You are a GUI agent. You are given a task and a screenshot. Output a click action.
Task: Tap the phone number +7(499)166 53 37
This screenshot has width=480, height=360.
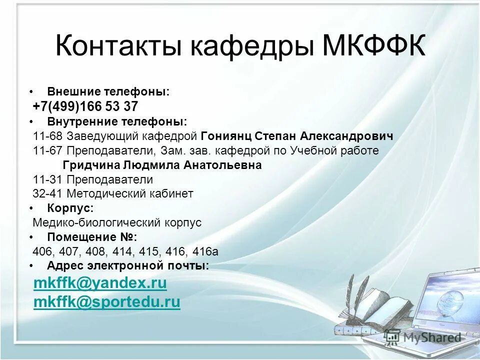[85, 106]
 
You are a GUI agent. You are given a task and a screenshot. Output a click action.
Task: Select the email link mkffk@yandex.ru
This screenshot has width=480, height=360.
[100, 283]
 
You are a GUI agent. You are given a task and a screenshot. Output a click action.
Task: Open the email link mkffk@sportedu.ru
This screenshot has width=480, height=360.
[106, 302]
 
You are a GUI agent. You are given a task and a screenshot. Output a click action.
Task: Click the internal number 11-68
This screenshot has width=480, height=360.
[48, 136]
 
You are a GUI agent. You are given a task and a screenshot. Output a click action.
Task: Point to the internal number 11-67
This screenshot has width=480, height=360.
[48, 150]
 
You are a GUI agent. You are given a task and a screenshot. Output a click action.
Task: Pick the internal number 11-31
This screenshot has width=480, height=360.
[48, 179]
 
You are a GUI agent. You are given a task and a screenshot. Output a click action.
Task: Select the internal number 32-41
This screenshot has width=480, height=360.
[48, 194]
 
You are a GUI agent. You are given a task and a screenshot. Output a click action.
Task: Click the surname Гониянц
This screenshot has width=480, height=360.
[226, 136]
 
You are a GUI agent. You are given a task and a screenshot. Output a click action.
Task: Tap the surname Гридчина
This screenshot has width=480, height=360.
[91, 165]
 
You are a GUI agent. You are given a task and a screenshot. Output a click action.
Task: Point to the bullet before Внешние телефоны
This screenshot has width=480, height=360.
[31, 92]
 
